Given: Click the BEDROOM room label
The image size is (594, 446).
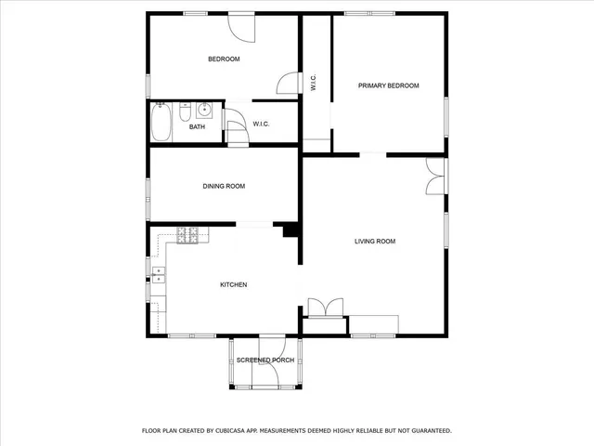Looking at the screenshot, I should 224,59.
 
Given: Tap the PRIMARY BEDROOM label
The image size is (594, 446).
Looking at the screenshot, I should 389,85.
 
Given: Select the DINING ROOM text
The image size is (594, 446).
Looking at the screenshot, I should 224,186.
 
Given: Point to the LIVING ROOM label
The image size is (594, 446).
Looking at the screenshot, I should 375,242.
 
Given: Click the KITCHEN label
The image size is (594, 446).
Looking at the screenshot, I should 233,284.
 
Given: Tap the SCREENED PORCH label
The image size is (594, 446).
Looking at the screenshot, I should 265,360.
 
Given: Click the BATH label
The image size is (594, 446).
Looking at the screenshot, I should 197,127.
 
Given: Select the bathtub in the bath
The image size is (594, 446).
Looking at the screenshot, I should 161,122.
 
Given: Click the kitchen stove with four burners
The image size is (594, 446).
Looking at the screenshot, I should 187,235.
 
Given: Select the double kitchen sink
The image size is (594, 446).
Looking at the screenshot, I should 158,273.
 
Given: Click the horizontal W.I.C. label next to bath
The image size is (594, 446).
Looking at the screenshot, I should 261,124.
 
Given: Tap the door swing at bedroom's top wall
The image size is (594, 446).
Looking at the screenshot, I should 241,26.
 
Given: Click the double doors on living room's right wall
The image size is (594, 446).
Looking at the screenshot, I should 434,177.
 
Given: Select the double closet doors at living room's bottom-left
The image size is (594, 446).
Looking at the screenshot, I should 325,308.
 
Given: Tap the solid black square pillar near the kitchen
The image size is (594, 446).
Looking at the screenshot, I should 290,230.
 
